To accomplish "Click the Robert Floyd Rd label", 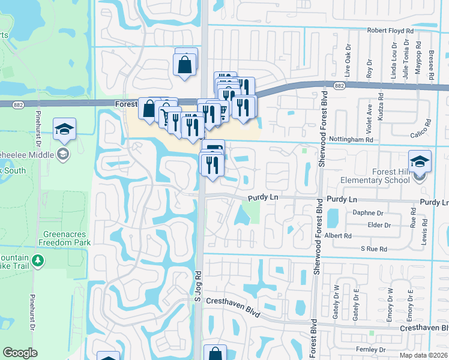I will (x=391, y=30).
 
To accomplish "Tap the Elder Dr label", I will (x=379, y=225).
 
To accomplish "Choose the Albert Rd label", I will (x=338, y=236).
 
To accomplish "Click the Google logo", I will (x=20, y=353).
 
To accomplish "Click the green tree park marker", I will (x=38, y=260).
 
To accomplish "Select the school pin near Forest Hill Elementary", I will (x=420, y=161).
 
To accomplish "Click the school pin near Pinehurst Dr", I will (x=64, y=128).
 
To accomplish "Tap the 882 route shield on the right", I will (x=340, y=86).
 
